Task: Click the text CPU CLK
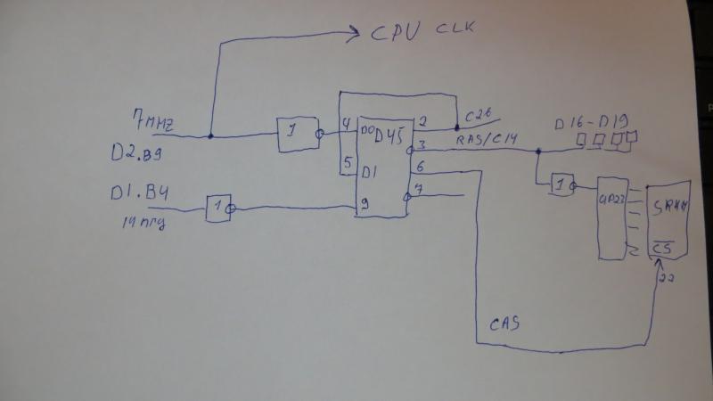[422, 33]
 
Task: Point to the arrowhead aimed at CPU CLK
[354, 36]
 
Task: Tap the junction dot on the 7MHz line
[211, 136]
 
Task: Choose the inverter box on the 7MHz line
[297, 135]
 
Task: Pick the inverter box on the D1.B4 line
[219, 209]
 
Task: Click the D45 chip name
[389, 135]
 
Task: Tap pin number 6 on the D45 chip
[420, 166]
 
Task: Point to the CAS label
[504, 324]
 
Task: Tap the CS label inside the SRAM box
[660, 245]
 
